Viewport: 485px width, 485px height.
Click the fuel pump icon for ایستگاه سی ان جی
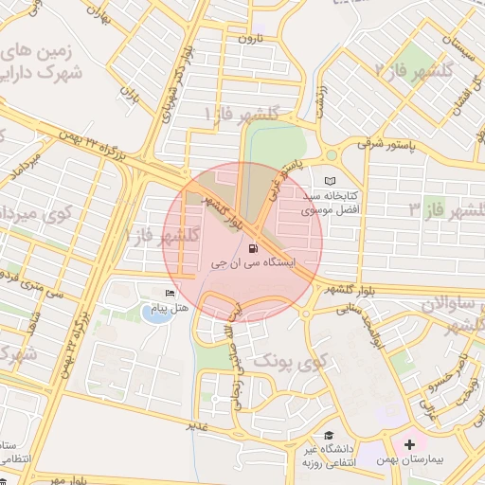coord(252,250)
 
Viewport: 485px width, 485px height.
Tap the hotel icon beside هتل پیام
coord(171,295)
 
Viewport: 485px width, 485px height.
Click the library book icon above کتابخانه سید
coord(330,181)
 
